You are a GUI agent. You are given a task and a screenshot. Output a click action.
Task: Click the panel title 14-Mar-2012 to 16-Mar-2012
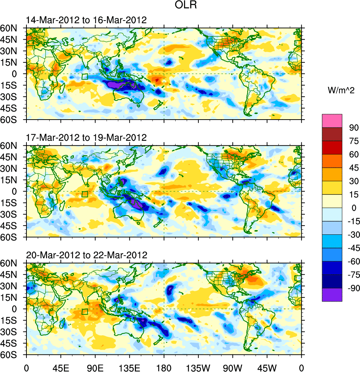click(x=86, y=20)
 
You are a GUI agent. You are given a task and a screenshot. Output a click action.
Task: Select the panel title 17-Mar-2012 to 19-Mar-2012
click(x=86, y=138)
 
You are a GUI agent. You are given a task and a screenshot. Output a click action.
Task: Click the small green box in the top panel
click(x=85, y=77)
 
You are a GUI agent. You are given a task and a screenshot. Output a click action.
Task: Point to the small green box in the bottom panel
click(x=85, y=312)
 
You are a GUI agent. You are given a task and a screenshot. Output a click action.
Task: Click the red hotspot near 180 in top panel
click(x=157, y=80)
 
